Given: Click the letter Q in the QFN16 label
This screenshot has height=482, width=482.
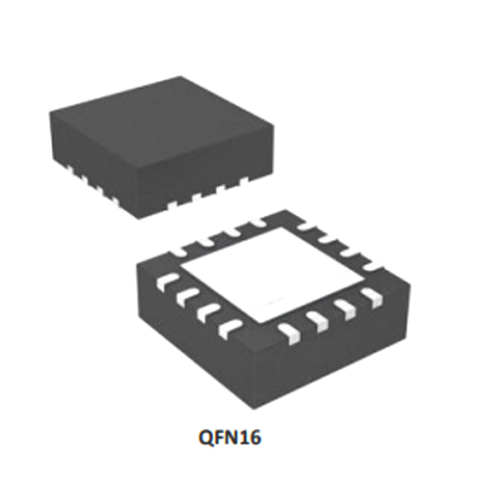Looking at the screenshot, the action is click(208, 438).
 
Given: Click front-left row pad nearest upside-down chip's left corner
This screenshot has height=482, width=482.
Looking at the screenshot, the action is click(167, 281).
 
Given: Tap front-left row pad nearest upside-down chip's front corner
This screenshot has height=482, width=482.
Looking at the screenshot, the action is click(230, 329).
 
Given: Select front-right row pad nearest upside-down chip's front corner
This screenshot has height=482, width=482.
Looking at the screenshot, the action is click(289, 335).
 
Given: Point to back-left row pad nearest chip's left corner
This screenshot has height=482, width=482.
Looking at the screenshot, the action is click(180, 253).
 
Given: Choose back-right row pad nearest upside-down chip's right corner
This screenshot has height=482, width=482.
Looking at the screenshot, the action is click(375, 266).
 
